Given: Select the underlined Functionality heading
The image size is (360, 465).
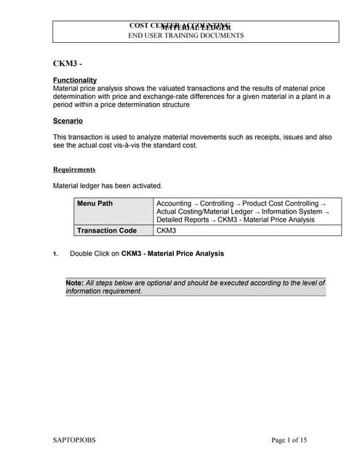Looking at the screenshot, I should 75,80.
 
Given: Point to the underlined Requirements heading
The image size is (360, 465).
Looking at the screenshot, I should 74,170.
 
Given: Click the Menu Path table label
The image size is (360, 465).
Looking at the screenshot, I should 95,203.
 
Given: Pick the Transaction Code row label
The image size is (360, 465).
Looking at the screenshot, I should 107,230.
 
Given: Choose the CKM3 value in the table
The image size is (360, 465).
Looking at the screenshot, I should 167,230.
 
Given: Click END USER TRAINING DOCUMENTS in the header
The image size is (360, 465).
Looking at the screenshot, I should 186,36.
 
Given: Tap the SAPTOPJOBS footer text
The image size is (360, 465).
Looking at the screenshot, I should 75,440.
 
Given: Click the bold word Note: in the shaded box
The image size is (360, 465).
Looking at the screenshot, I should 74,283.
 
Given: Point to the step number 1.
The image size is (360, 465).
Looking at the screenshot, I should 55,254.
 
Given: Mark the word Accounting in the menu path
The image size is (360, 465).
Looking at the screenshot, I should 174,203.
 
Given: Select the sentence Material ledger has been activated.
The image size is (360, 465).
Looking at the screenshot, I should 108,186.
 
